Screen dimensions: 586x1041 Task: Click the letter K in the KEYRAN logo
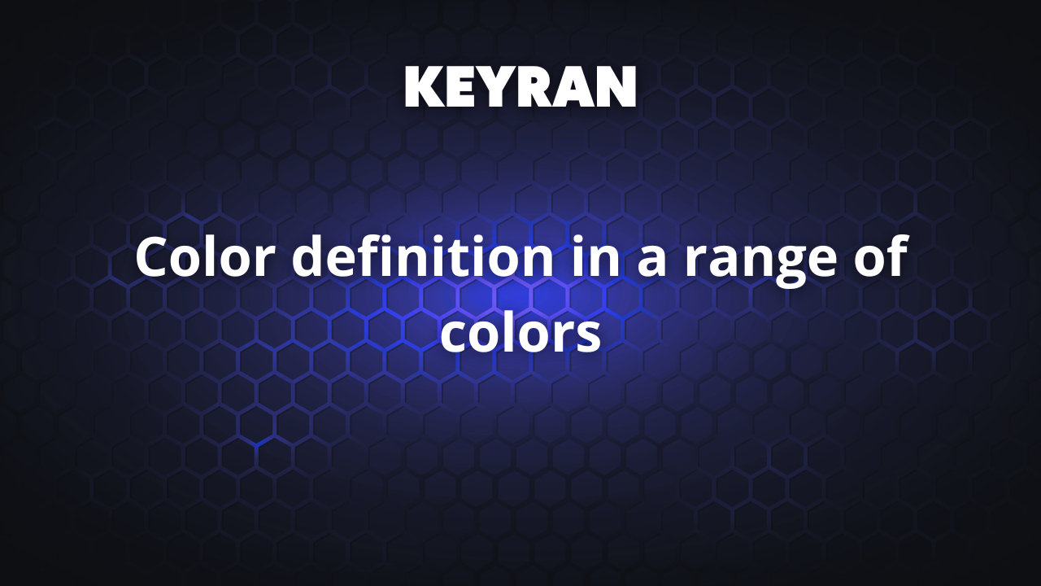point(424,87)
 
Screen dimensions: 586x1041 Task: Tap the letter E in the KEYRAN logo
point(461,87)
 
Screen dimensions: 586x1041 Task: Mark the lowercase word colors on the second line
point(520,334)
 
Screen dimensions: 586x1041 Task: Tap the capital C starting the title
point(154,258)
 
